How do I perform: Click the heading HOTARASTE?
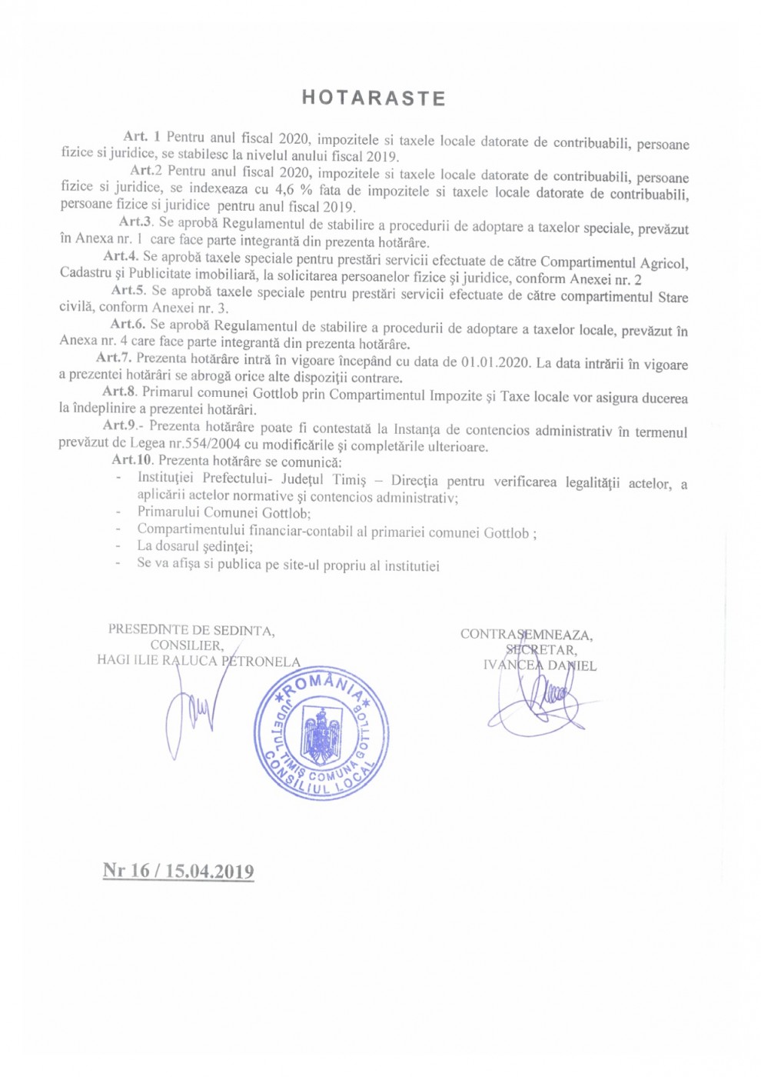(x=374, y=98)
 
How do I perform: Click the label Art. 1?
(x=141, y=137)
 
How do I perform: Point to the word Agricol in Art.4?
(x=663, y=263)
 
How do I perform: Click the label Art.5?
(x=128, y=290)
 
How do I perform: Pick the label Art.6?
(x=128, y=324)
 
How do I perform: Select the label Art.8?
(x=119, y=392)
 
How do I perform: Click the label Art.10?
(x=132, y=460)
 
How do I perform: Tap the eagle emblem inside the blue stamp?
(x=321, y=735)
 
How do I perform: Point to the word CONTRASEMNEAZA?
(x=526, y=635)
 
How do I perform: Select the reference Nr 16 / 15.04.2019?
(x=178, y=871)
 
